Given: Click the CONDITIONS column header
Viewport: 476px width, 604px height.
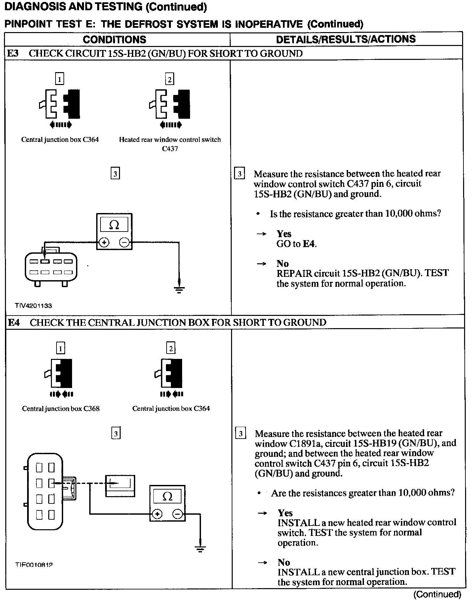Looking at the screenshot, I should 114,40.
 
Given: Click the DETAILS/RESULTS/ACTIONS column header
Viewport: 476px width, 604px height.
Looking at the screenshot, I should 346,39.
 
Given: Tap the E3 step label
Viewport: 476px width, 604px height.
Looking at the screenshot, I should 13,54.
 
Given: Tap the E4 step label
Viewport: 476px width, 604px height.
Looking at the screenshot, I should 14,323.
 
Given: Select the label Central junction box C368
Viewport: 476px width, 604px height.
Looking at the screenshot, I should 61,409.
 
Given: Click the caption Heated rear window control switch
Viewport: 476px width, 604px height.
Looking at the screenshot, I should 170,140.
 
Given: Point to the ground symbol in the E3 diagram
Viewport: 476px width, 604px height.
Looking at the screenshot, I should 179,290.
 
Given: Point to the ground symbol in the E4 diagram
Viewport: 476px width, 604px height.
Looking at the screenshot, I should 200,549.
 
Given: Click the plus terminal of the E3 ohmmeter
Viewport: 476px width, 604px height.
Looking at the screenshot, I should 104,242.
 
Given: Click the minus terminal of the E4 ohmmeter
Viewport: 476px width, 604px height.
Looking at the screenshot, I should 178,514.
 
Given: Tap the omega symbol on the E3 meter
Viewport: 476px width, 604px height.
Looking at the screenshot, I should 114,225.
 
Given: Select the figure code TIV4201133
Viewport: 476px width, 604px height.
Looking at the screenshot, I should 33,306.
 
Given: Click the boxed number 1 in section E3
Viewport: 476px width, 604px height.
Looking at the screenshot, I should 59,79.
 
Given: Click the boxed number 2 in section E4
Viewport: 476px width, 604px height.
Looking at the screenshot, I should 171,348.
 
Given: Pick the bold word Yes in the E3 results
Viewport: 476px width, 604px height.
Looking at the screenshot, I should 284,234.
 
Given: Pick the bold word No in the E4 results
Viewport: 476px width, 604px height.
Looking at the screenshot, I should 284,562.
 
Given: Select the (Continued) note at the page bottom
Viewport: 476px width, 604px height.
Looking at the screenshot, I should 437,594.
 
